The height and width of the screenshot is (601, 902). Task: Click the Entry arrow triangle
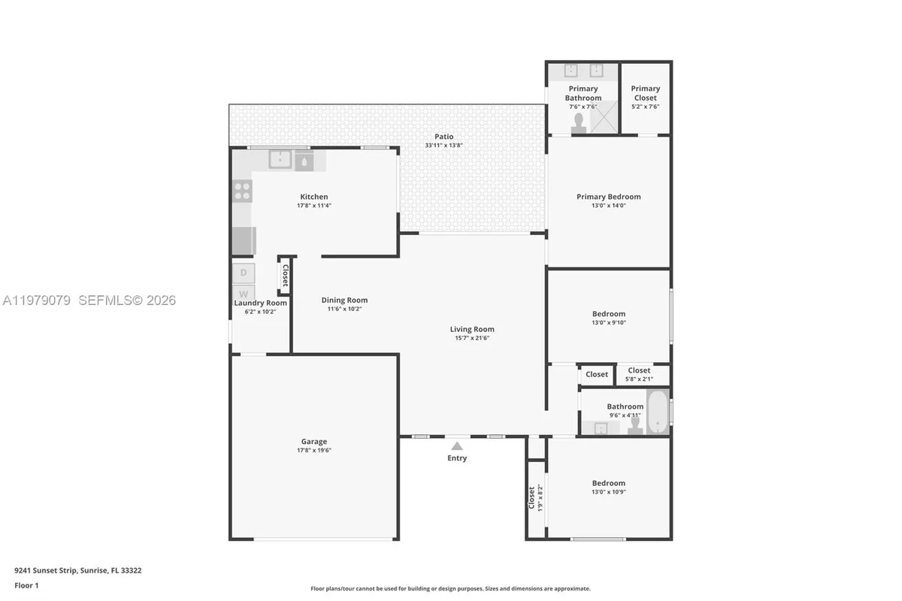[x=457, y=446]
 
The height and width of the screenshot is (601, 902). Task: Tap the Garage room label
[x=314, y=442]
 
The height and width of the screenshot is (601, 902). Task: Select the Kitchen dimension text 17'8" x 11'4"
[x=314, y=206]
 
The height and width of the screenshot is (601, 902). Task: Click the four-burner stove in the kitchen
[x=242, y=191]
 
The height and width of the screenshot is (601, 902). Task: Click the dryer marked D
[x=244, y=272]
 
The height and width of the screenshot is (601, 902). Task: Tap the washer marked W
[x=244, y=293]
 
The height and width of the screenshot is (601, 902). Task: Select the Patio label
[x=443, y=137]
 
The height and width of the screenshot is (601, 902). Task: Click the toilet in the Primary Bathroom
[x=580, y=122]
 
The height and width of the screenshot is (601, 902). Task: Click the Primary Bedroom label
[x=608, y=197]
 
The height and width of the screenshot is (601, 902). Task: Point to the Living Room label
[x=472, y=329]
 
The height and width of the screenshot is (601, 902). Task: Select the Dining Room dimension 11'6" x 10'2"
[x=344, y=309]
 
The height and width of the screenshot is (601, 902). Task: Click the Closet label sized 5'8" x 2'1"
[x=639, y=370]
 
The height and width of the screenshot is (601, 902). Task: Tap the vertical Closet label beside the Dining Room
[x=285, y=274]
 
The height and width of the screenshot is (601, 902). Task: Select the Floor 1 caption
[x=26, y=585]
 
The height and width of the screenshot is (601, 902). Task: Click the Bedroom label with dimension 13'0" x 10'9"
[x=608, y=483]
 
